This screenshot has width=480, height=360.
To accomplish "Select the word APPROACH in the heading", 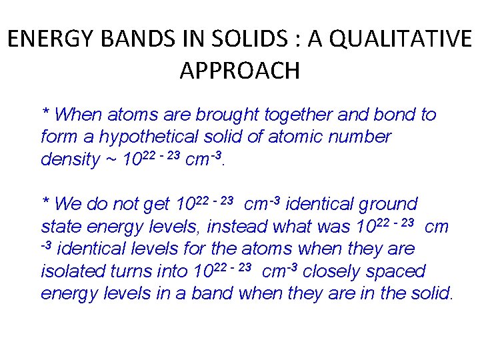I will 240,70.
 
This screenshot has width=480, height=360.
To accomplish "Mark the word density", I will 69,161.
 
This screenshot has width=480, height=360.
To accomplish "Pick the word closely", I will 329,272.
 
